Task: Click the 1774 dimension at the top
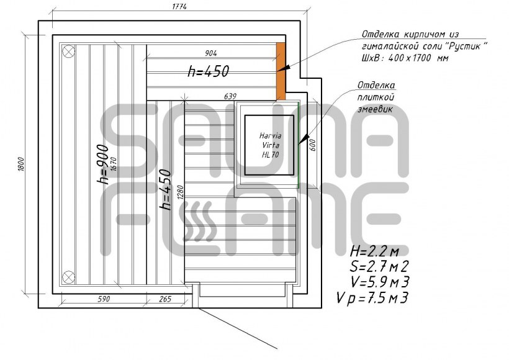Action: pos(179,6)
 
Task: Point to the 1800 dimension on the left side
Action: pos(20,164)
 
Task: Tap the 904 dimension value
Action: pos(211,53)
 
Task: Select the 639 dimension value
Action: pos(230,96)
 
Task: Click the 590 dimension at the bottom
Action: pos(104,299)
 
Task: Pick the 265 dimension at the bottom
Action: pos(165,299)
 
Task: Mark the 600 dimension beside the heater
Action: pos(313,145)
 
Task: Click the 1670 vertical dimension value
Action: pos(114,164)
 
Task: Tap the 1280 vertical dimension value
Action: pos(181,192)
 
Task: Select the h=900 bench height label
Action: pos(103,164)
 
